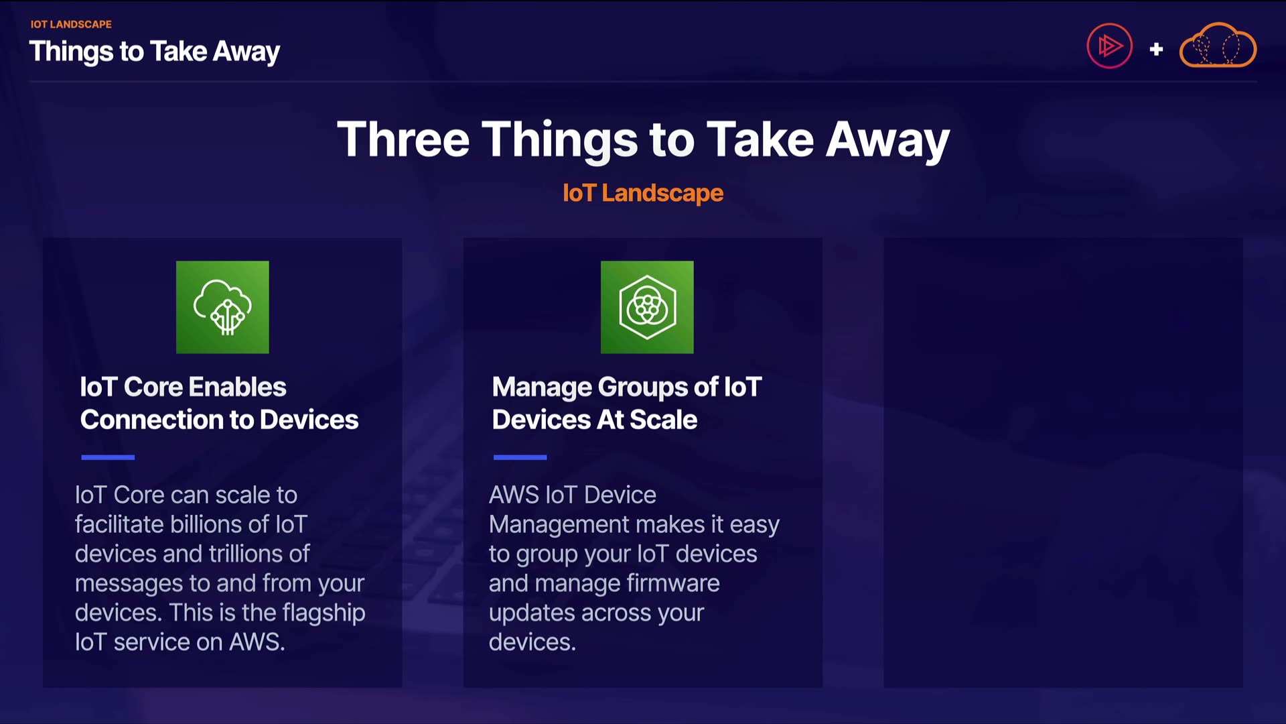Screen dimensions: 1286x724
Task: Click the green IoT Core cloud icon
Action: (x=222, y=307)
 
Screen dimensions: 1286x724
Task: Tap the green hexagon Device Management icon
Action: (x=647, y=307)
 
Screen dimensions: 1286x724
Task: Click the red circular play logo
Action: (x=1109, y=46)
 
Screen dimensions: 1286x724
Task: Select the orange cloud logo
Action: (x=1218, y=46)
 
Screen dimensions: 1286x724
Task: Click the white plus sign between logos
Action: (x=1156, y=49)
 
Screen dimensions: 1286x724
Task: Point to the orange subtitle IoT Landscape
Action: (x=643, y=193)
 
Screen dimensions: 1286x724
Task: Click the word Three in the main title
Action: (x=403, y=139)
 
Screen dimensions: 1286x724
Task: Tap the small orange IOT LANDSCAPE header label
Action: (x=71, y=24)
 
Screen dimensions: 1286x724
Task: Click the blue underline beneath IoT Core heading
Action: (x=108, y=457)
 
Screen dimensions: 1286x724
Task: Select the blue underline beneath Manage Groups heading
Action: (x=520, y=457)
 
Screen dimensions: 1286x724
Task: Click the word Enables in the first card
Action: (x=238, y=387)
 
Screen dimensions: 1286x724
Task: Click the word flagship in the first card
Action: (x=324, y=613)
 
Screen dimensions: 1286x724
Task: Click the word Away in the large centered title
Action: (x=887, y=141)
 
